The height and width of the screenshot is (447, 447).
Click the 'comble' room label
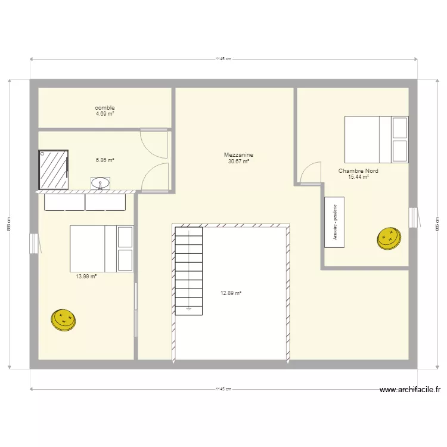(x=105, y=108)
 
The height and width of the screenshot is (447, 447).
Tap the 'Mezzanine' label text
(x=238, y=155)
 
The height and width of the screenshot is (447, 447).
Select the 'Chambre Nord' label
(x=358, y=171)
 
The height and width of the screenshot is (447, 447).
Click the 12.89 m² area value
(x=231, y=293)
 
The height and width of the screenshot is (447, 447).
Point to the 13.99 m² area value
(x=86, y=277)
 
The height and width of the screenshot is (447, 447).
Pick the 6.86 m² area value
(x=105, y=160)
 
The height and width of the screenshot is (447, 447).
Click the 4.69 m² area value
(x=105, y=113)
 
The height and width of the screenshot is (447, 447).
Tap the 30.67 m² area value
(x=238, y=161)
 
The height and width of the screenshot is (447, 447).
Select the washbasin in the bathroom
(x=101, y=183)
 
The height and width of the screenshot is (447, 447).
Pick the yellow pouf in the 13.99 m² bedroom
(x=63, y=319)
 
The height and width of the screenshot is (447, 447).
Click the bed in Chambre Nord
(x=376, y=139)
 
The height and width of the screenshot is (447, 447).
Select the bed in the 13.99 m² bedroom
(x=101, y=248)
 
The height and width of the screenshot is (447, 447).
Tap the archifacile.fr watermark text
(x=410, y=390)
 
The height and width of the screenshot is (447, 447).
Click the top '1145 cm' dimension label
(x=223, y=59)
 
